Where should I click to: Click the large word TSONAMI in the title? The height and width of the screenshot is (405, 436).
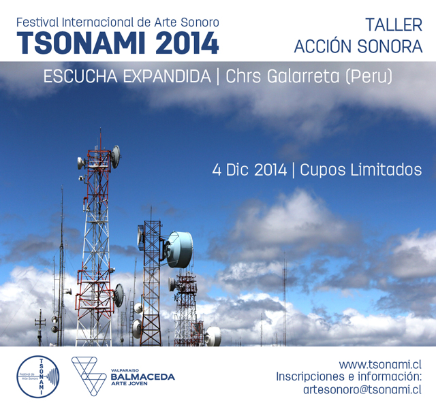[x=81, y=43]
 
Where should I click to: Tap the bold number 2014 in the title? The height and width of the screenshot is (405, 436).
[x=187, y=43]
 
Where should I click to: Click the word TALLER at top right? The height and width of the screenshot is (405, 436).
[x=394, y=25]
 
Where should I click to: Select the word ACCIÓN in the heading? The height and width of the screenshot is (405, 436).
[x=324, y=46]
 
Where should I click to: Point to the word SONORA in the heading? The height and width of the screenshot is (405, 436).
[x=390, y=46]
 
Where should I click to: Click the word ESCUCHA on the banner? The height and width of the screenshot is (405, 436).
[x=80, y=76]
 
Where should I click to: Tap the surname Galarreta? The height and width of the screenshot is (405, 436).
[x=303, y=76]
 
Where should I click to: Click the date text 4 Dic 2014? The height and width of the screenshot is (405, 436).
[x=249, y=169]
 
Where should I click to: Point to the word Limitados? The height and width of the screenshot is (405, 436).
[x=386, y=169]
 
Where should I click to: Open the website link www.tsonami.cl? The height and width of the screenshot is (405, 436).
[x=380, y=364]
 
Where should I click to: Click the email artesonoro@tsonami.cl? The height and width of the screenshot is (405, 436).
[x=362, y=389]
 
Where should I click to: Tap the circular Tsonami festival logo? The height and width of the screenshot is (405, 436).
[x=38, y=376]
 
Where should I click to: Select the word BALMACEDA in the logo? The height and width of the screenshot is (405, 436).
[x=142, y=377]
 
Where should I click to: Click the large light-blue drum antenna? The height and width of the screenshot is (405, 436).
[x=179, y=249]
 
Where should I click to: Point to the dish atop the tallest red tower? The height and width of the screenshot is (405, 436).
[x=116, y=157]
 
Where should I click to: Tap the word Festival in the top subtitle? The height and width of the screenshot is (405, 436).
[x=38, y=22]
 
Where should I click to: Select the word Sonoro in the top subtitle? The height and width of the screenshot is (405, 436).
[x=200, y=22]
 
